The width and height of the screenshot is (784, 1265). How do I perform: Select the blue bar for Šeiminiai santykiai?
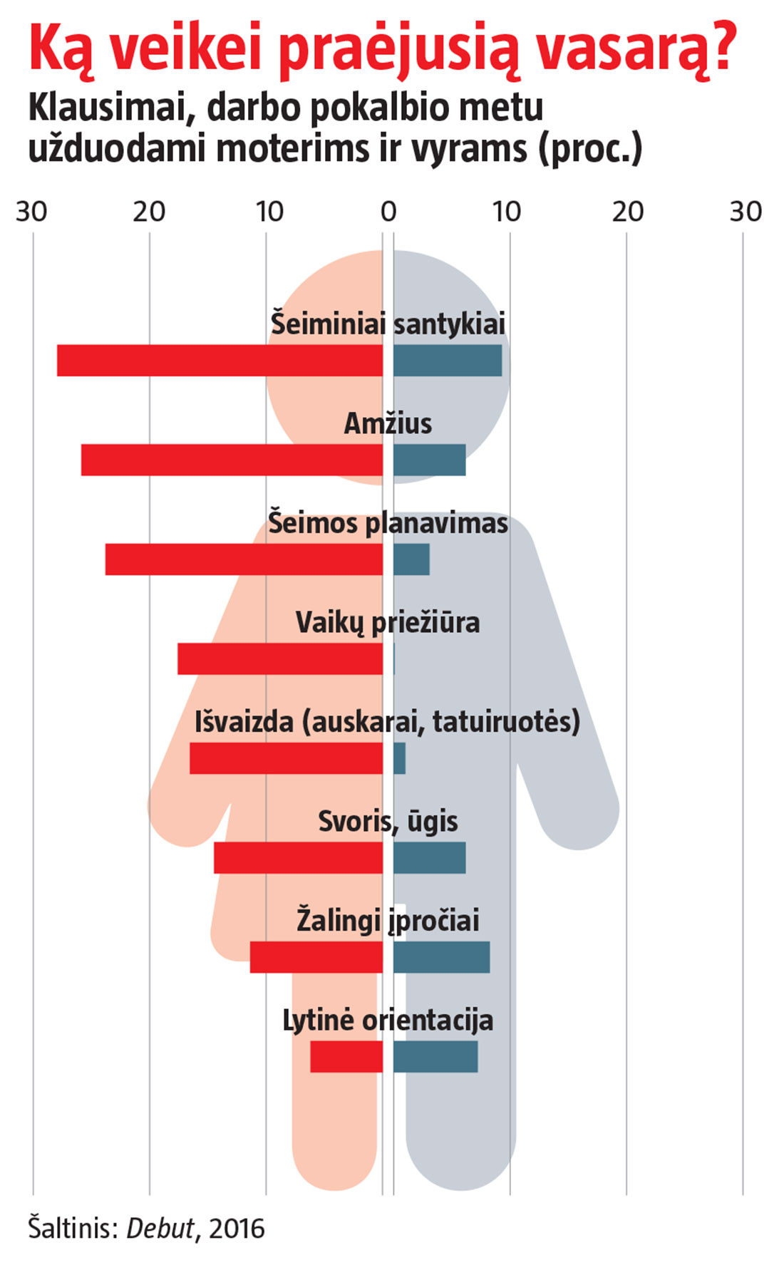tap(447, 361)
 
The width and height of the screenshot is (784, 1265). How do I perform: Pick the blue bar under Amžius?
tap(429, 460)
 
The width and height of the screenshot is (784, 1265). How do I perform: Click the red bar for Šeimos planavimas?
tap(244, 559)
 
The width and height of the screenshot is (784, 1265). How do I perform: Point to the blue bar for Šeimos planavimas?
tap(411, 559)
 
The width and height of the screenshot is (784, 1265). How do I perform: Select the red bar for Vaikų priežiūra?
tap(280, 659)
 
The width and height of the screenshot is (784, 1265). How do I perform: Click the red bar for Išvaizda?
tap(286, 758)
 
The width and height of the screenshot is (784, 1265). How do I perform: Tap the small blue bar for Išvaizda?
tap(399, 758)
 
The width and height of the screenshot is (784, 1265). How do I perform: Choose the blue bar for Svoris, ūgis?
tap(429, 857)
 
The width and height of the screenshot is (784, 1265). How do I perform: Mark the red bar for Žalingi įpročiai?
tap(316, 957)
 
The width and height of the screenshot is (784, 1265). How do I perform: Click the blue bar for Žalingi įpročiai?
tap(441, 957)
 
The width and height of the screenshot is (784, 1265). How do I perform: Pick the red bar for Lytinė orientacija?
tap(346, 1056)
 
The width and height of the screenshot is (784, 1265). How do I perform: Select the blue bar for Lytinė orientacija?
tap(435, 1056)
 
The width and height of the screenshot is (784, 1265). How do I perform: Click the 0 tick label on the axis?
tap(388, 212)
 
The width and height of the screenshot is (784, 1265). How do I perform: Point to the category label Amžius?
tap(388, 424)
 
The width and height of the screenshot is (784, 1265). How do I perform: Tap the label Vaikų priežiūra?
tap(388, 623)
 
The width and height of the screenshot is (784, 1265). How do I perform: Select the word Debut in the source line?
tap(160, 1229)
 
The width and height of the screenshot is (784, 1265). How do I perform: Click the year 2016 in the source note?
tap(237, 1229)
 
